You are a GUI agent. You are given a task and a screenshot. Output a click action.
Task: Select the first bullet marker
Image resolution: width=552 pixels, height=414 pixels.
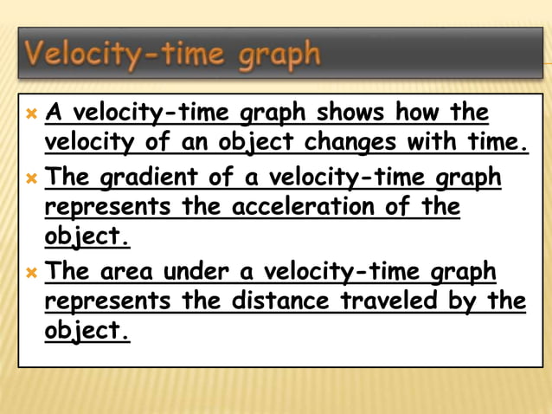tap(32, 113)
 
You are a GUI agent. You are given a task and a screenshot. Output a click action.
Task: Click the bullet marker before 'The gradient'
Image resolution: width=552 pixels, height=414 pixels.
tap(32, 178)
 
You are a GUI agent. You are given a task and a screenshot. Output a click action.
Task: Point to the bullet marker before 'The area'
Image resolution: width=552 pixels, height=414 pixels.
tap(32, 272)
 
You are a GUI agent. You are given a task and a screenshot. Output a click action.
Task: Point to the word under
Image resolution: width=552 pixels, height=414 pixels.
tap(200, 272)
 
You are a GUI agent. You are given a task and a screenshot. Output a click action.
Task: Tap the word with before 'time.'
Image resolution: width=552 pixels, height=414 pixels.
tap(446, 141)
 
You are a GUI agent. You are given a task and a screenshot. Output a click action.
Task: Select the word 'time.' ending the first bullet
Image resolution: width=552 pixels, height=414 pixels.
tap(501, 141)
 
